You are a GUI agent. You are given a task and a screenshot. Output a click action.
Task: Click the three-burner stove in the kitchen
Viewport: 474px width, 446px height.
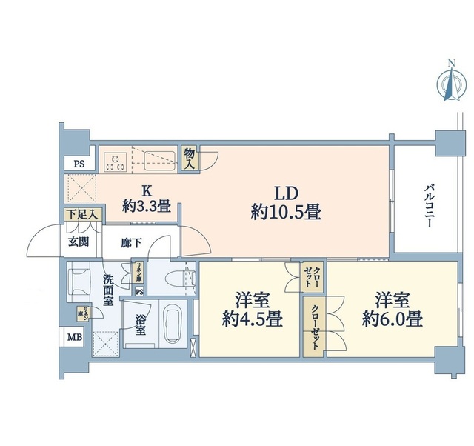pos(116,161)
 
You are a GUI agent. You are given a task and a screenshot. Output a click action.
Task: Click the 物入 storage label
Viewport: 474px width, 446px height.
pos(190,159)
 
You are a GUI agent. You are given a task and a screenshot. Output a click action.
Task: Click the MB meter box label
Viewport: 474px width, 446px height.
pos(76,339)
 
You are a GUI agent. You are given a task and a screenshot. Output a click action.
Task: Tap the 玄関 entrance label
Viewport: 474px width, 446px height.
pos(79,242)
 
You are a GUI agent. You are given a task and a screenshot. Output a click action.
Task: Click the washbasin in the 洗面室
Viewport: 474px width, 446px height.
pos(79,282)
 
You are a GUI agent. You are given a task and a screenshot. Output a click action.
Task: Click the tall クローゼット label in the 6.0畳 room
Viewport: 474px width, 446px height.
pos(313,325)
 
